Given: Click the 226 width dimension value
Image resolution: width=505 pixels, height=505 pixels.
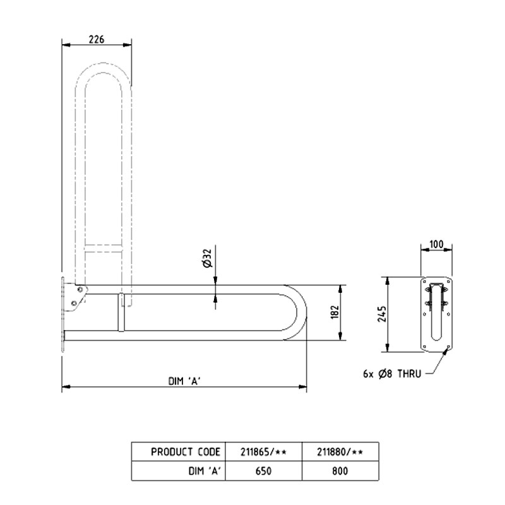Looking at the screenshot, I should point(96,39).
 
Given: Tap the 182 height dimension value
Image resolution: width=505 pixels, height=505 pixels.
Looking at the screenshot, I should point(335,312).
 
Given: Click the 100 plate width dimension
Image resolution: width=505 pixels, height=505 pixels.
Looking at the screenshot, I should point(436,244).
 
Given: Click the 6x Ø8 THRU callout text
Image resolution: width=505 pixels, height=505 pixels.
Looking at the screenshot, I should point(391,374).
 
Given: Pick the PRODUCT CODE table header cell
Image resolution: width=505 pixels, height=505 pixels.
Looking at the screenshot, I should point(186,452).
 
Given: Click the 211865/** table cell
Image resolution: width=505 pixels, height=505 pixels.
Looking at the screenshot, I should point(264,452).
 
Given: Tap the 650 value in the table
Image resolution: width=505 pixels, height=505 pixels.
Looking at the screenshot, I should point(264,470).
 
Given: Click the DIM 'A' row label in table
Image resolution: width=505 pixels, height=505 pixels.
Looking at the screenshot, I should point(203,470).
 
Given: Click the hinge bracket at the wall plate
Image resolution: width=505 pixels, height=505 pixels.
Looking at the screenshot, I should point(78,297).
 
